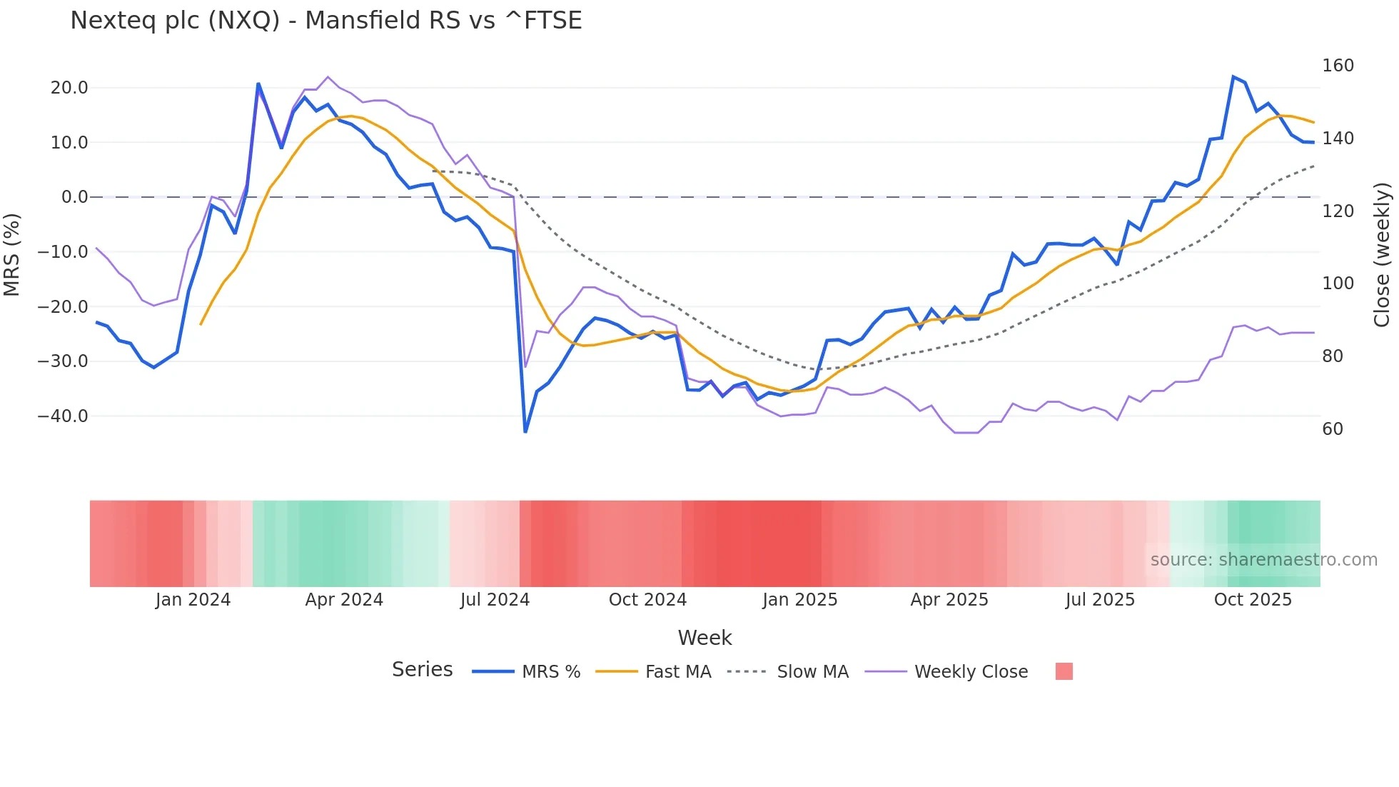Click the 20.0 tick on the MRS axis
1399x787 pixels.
[69, 88]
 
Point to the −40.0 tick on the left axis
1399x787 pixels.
[63, 416]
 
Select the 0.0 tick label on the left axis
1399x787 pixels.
[74, 197]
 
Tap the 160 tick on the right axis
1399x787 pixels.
[1338, 66]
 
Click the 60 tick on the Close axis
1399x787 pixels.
[1333, 429]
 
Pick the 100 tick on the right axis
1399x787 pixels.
[1338, 284]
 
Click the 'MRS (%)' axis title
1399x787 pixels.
[12, 255]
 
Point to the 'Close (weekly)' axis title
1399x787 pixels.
[1382, 255]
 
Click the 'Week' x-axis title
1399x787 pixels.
[704, 638]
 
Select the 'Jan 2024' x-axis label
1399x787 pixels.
[193, 600]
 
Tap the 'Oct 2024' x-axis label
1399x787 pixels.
[647, 600]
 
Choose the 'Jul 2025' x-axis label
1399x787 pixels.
[1100, 600]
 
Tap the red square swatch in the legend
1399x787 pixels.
[1064, 671]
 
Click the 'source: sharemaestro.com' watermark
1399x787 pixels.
[1263, 560]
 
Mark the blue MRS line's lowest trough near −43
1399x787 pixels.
[525, 431]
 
